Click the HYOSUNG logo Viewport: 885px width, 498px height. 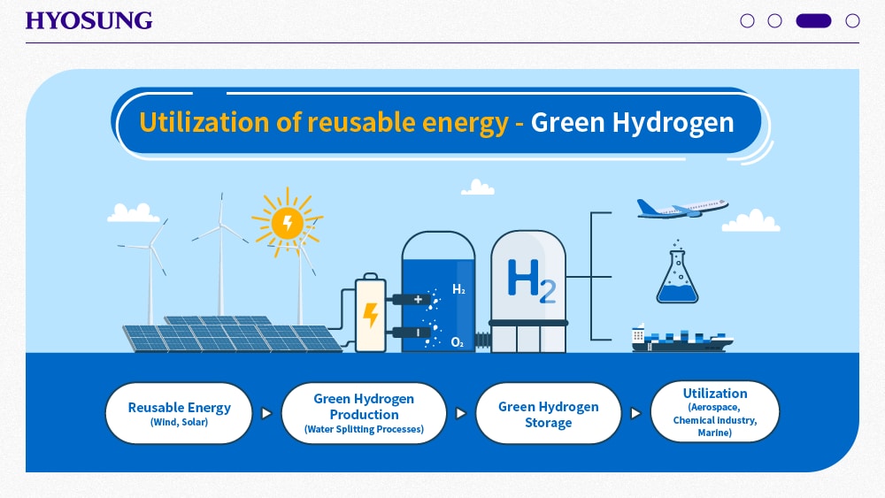(x=88, y=21)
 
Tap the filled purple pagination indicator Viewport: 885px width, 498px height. (x=813, y=21)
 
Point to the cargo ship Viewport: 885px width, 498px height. (x=681, y=339)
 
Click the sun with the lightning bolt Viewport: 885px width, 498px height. (x=288, y=222)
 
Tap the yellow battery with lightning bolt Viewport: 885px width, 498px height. (x=370, y=312)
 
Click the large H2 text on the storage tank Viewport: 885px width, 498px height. (x=531, y=280)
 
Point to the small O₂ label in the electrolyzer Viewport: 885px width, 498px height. (x=458, y=342)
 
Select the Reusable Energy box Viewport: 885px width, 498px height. (x=179, y=413)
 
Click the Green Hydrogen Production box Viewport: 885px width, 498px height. (x=364, y=413)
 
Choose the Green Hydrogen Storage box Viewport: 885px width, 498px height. (x=548, y=413)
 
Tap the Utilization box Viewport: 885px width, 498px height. (x=714, y=412)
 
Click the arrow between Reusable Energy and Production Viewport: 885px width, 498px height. (x=266, y=413)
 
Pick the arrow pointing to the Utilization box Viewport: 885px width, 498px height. (x=635, y=413)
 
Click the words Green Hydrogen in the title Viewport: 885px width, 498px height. (x=632, y=122)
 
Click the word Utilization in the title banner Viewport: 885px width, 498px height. (x=204, y=122)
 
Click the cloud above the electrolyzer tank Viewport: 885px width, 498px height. (x=478, y=188)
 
